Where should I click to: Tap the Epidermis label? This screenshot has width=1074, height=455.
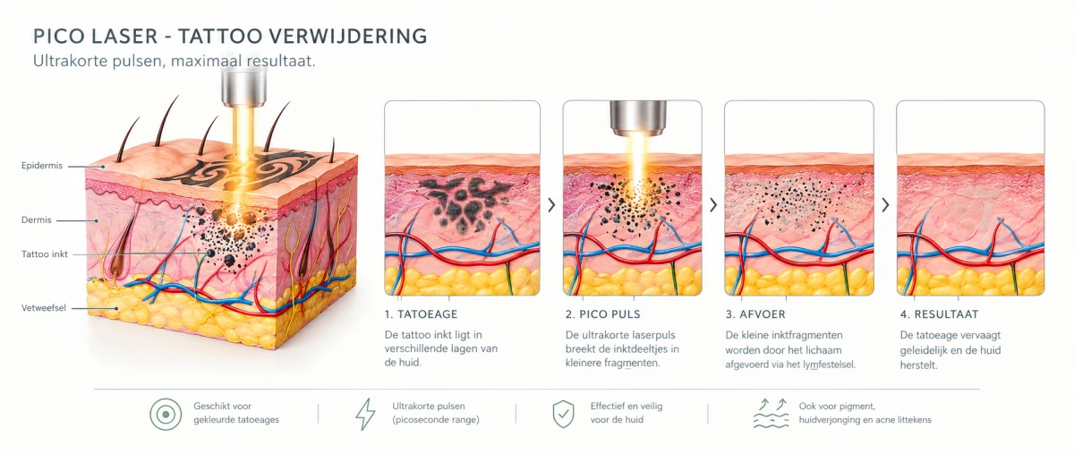42,166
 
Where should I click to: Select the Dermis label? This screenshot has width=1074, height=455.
36,219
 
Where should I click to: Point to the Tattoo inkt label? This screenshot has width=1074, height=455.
44,254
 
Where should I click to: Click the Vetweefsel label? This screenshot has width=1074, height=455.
44,308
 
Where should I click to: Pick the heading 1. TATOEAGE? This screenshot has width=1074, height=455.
421,314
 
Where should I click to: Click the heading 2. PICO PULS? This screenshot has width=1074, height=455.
602,314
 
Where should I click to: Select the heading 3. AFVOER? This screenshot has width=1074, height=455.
755,314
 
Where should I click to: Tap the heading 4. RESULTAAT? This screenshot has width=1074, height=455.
939,314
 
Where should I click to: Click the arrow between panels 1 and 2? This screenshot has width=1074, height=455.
551,205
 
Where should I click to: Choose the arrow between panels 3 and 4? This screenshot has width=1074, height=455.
885,205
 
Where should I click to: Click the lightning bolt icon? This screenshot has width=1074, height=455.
365,413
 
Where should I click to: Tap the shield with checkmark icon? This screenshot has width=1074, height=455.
563,413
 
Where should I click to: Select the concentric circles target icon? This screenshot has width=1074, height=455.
166,414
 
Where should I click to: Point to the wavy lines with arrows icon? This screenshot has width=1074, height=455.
771,413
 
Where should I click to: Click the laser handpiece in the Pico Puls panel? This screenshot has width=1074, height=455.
638,117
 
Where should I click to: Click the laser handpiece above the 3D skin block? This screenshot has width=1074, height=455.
243,85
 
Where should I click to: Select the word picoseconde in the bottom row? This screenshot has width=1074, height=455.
422,420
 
